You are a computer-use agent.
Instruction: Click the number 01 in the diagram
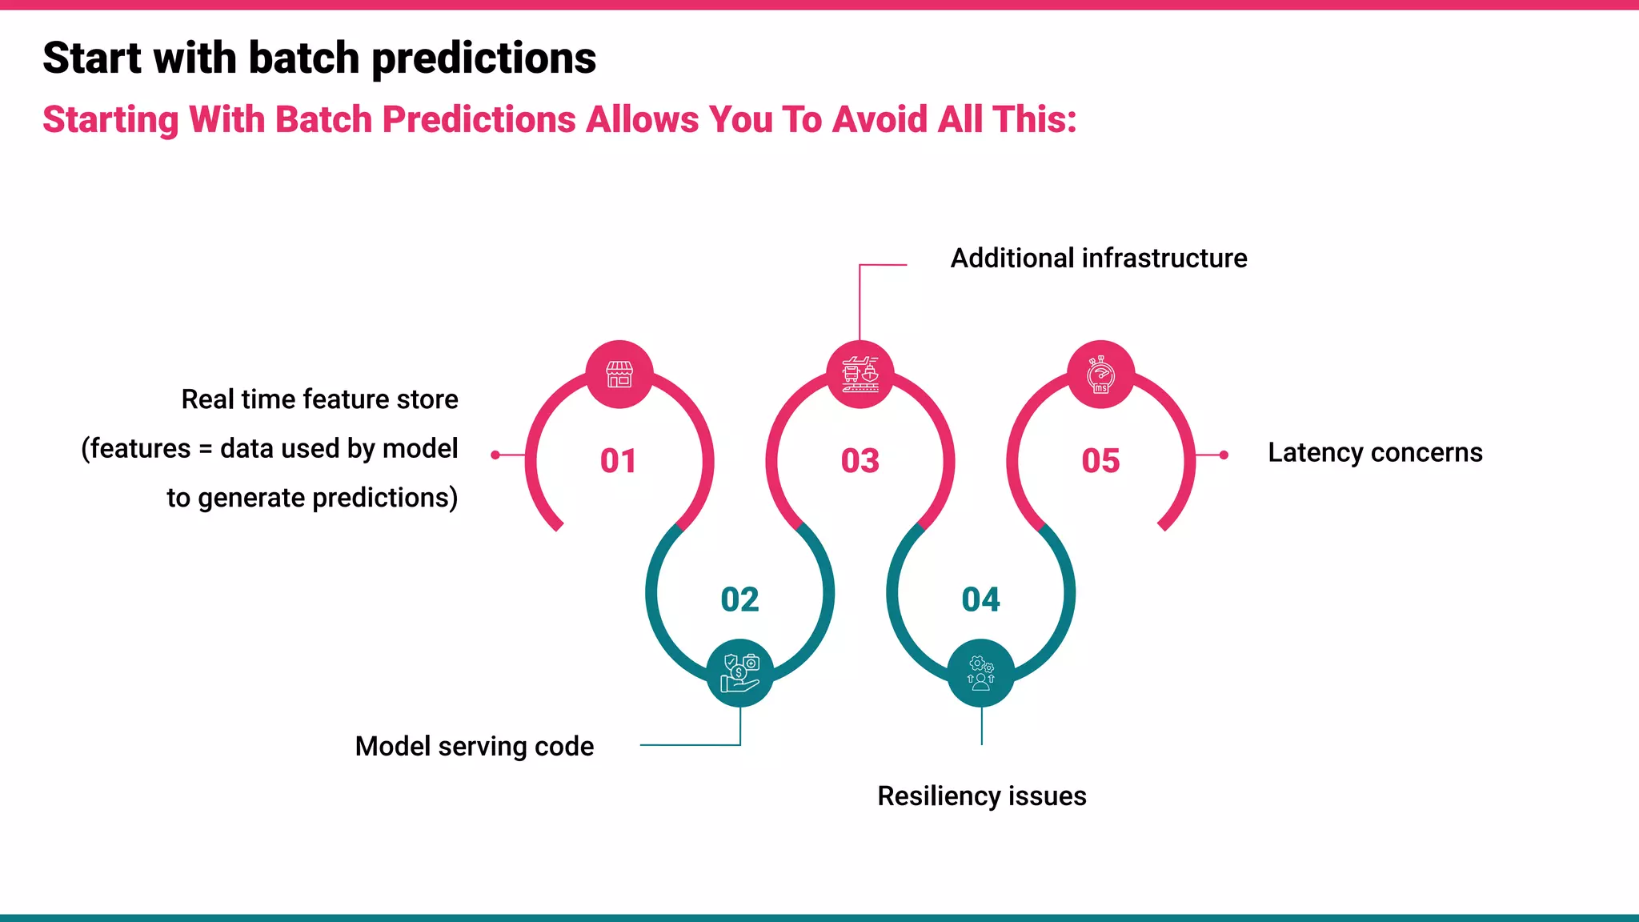(618, 461)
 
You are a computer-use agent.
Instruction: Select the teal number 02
(739, 599)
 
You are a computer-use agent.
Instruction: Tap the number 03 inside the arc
(860, 461)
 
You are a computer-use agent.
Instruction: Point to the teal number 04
(980, 599)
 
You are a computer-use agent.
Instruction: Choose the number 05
(1100, 461)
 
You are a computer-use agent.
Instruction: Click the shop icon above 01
(619, 374)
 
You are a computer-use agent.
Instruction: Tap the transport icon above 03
(860, 374)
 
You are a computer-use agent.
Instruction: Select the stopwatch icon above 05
(1101, 374)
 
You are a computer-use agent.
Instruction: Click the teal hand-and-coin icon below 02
(740, 673)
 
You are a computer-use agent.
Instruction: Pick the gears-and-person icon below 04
(981, 673)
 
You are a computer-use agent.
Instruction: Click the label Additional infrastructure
(1098, 259)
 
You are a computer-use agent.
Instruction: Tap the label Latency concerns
(1375, 453)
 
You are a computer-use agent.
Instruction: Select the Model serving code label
(474, 747)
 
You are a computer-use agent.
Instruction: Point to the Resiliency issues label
(981, 796)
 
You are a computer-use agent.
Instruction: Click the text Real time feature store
(319, 399)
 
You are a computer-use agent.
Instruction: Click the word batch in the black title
(303, 58)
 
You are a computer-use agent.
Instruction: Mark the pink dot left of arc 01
(495, 455)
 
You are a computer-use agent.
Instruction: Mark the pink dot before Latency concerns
(1224, 455)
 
